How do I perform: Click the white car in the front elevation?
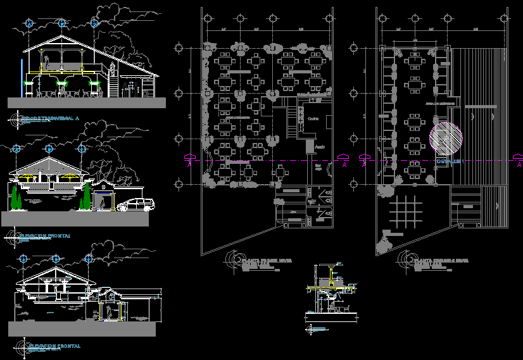135,204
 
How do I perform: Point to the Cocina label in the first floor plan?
313,118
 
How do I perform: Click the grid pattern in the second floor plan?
403,211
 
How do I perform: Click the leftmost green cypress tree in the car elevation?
15,197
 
